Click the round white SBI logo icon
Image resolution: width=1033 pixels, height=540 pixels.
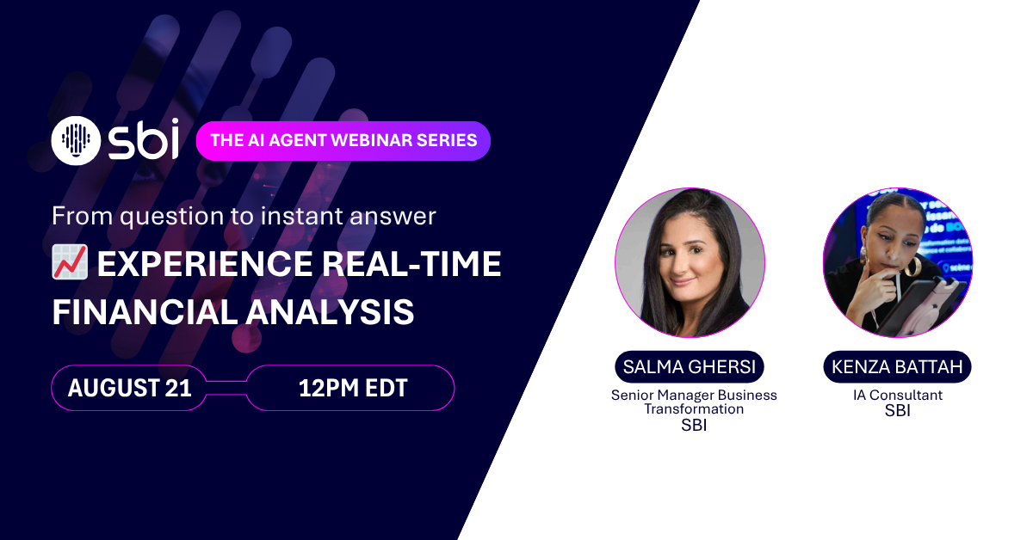click(76, 140)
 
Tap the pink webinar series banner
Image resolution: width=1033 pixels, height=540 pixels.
click(343, 140)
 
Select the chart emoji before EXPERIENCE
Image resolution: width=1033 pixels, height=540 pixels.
click(70, 261)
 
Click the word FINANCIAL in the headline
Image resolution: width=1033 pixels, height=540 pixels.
click(145, 312)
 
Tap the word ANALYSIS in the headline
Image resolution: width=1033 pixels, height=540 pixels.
click(331, 312)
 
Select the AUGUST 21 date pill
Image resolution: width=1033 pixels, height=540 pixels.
click(129, 388)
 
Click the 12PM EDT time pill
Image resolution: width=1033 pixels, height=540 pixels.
click(350, 388)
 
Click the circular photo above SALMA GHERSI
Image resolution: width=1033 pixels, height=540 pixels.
click(690, 262)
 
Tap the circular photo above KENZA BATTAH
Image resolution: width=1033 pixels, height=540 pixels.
click(898, 262)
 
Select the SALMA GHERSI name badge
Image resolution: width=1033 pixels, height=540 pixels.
click(690, 367)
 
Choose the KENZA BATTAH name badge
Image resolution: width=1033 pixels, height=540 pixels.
click(897, 367)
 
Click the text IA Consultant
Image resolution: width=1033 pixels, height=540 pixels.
click(897, 395)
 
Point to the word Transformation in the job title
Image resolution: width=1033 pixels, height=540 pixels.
click(694, 409)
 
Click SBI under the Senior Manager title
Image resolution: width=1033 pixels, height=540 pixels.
click(694, 426)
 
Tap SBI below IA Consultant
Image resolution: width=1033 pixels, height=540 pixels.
click(897, 410)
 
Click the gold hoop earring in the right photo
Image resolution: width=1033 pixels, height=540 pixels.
click(912, 267)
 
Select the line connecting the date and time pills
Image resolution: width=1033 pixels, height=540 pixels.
click(226, 388)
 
